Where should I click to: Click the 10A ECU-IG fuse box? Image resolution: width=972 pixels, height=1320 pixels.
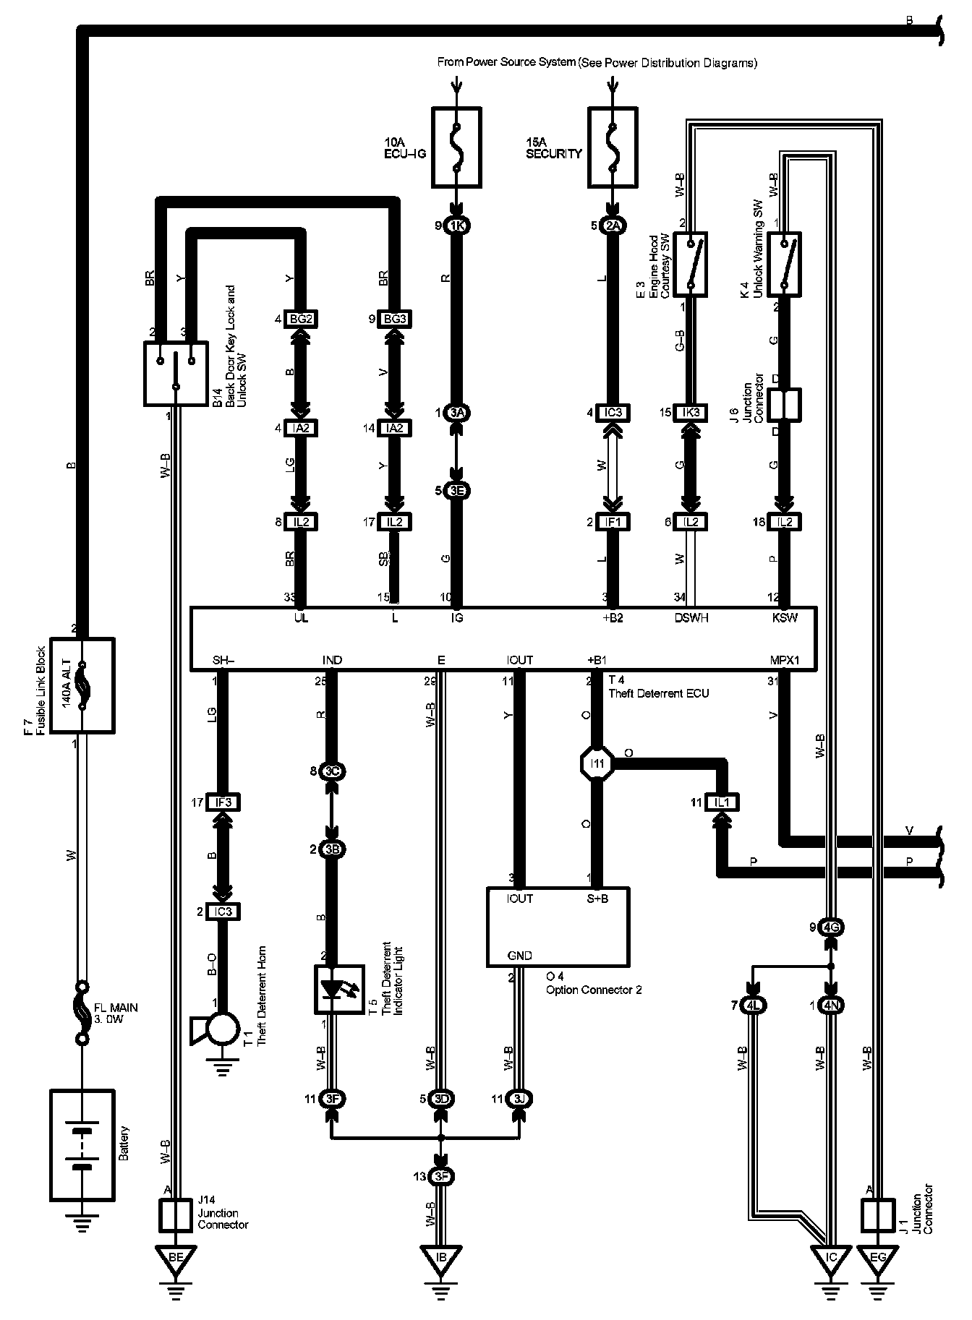[456, 145]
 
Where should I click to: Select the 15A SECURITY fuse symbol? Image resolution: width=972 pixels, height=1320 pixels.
[613, 145]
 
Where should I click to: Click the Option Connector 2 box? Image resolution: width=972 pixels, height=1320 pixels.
[558, 927]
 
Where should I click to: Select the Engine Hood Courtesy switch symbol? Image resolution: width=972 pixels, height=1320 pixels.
[690, 264]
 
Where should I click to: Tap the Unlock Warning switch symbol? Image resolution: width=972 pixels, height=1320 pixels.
[783, 264]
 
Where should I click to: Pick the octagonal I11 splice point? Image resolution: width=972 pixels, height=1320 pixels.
[597, 763]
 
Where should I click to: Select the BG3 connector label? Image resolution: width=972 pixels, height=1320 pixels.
[394, 319]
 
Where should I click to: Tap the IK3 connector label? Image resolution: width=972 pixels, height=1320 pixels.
[690, 413]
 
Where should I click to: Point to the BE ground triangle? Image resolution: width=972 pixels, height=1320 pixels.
[176, 1259]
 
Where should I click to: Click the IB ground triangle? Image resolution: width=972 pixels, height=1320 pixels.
[441, 1259]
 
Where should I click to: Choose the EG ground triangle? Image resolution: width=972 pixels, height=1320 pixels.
[877, 1259]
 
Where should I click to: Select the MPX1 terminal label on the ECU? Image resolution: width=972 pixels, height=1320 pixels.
[785, 660]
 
